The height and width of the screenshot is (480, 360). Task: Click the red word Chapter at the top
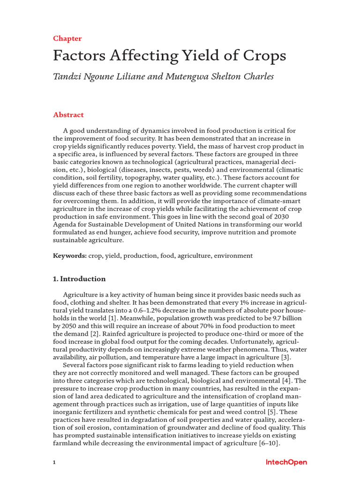[67, 38]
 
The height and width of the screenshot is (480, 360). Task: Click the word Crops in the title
[263, 56]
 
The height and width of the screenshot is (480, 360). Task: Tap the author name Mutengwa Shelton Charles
[220, 76]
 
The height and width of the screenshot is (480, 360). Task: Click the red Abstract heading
[68, 115]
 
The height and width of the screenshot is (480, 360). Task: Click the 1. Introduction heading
[79, 279]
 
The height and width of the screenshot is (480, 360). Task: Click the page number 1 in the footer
[54, 463]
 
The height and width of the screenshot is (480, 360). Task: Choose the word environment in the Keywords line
[233, 255]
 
